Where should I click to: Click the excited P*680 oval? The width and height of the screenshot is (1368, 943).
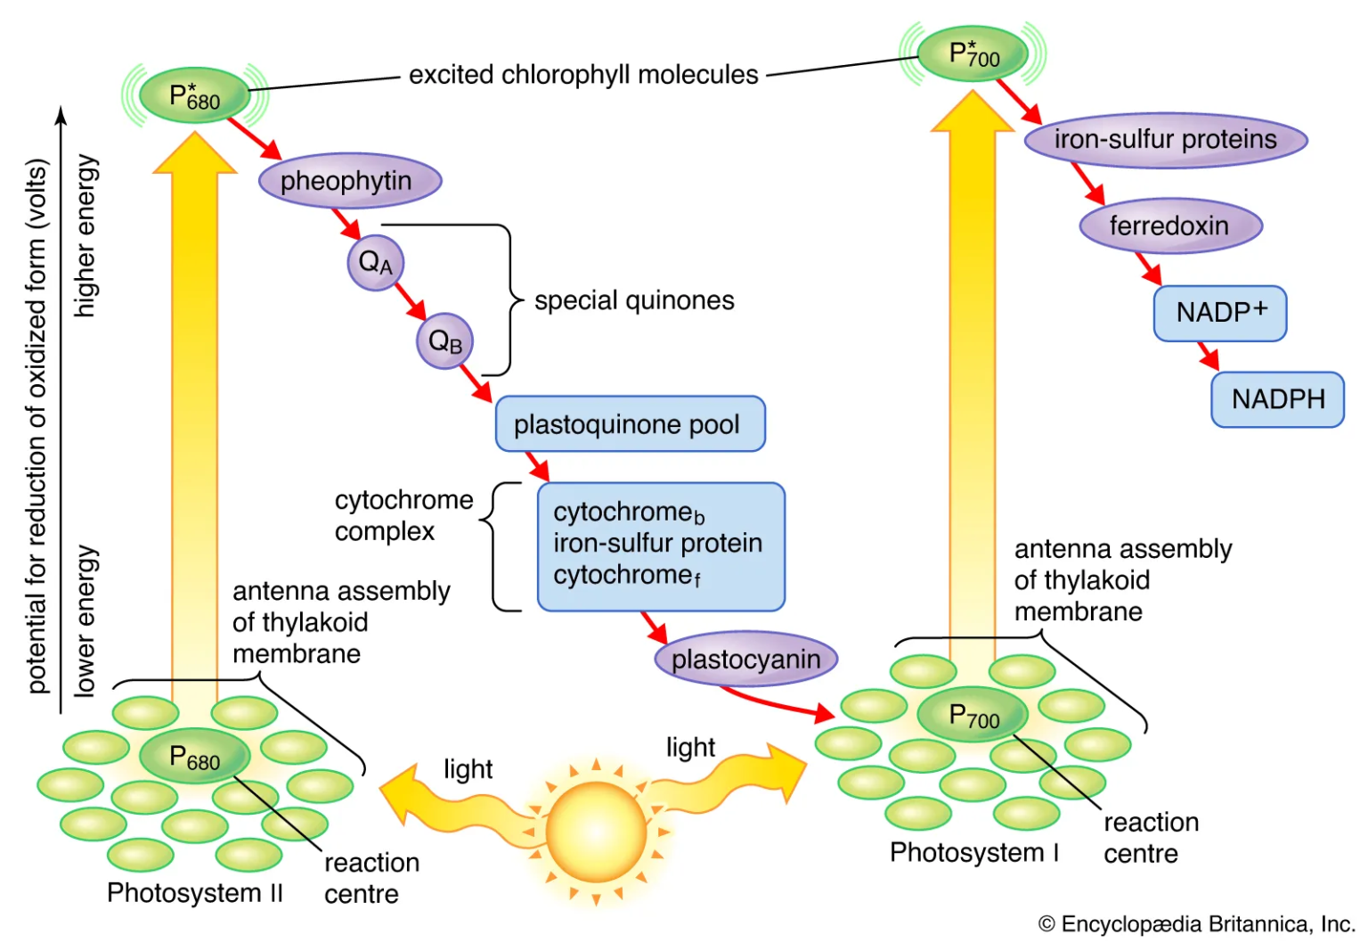click(194, 95)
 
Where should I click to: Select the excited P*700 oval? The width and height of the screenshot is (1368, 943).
click(973, 54)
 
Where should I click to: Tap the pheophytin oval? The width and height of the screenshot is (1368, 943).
click(349, 181)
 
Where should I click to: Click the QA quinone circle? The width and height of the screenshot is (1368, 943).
click(375, 262)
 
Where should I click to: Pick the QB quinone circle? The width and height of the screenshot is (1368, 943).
click(444, 340)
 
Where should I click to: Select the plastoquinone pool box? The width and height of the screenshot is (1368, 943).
click(629, 424)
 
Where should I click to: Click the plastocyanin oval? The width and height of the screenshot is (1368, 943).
click(746, 660)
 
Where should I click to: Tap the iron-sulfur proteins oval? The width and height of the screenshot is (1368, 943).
click(1165, 140)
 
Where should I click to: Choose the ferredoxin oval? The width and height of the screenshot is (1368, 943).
click(1170, 225)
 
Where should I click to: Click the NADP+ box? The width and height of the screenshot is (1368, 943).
click(1219, 313)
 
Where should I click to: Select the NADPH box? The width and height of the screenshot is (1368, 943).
click(1277, 399)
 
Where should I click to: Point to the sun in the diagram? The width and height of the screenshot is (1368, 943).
click(596, 831)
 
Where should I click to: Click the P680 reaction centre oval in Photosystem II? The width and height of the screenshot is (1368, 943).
click(194, 758)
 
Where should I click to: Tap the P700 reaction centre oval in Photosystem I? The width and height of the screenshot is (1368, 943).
click(973, 715)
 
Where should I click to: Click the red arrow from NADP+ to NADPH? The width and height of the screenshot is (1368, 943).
click(1207, 356)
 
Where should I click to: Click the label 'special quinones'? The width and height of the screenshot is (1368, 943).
click(634, 300)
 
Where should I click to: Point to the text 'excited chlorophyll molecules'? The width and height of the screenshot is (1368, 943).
click(583, 75)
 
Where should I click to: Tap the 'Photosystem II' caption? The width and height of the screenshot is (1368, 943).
click(194, 892)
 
